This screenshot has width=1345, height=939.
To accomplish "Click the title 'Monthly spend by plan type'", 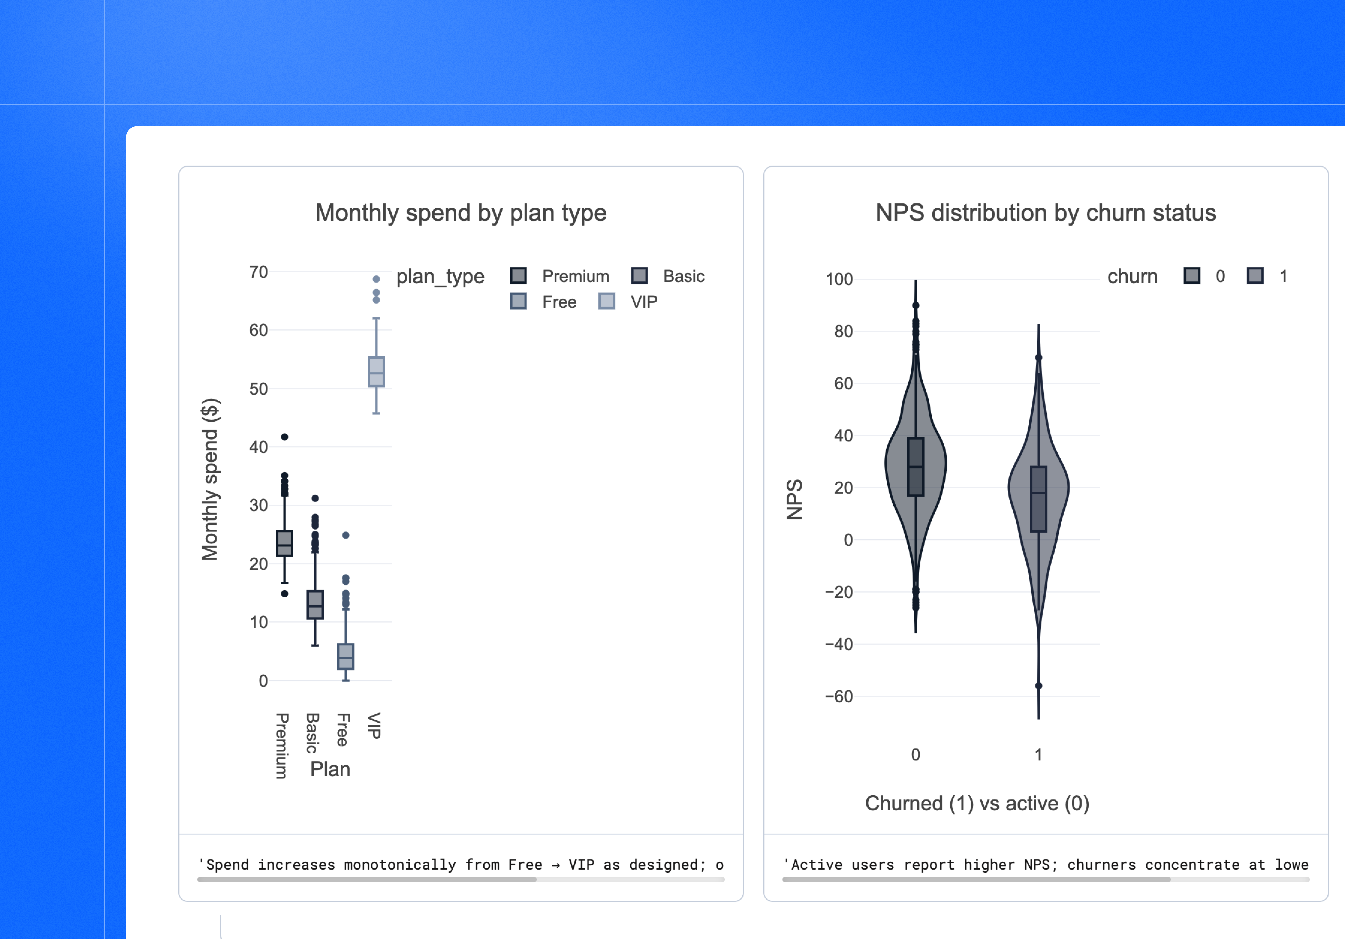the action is pyautogui.click(x=460, y=213).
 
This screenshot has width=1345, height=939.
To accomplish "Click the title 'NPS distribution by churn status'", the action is pyautogui.click(x=1046, y=213).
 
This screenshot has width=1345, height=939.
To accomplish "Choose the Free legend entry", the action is pyautogui.click(x=544, y=302).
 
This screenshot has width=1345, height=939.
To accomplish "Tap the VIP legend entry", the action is pyautogui.click(x=628, y=302).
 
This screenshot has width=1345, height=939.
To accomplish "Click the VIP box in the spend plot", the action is pyautogui.click(x=376, y=372).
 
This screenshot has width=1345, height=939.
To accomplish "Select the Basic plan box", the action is pyautogui.click(x=315, y=604).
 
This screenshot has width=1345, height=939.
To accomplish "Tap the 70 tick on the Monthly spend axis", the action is pyautogui.click(x=258, y=272).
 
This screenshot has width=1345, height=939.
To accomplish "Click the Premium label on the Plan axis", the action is pyautogui.click(x=282, y=746).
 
